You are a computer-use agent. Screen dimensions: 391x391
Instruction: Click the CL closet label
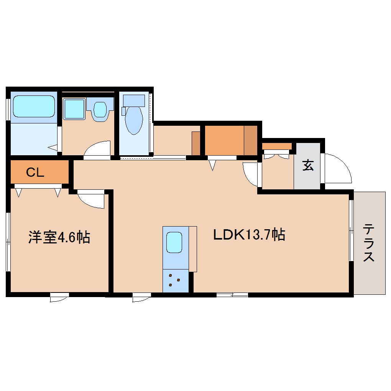[x=35, y=172]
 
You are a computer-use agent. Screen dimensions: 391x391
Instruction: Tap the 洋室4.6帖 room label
[x=59, y=237]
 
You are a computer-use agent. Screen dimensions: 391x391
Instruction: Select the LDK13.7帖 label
[x=249, y=234]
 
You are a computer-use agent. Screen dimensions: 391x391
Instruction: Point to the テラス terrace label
[x=369, y=243]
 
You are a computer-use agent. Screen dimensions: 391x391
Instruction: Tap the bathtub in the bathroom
[x=33, y=106]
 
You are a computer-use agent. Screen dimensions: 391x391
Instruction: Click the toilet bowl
[x=134, y=119]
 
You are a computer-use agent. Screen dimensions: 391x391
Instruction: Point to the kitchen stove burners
[x=175, y=281]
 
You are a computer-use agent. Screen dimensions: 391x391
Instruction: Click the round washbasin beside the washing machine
[x=100, y=109]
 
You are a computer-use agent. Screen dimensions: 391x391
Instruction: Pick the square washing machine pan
[x=74, y=109]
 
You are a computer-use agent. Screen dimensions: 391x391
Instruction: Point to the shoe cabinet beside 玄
[x=277, y=146]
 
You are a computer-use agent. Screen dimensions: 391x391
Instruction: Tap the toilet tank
[x=134, y=100]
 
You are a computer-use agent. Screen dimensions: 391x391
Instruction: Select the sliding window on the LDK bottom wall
[x=232, y=295]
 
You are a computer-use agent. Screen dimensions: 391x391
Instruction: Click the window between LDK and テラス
[x=351, y=230]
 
